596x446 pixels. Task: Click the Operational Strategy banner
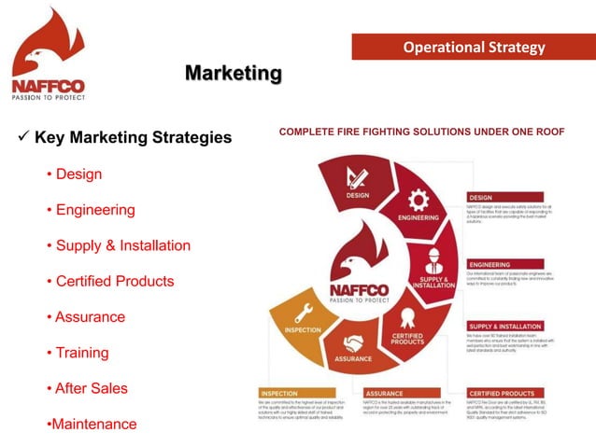(x=474, y=47)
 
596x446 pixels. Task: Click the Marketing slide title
(x=233, y=73)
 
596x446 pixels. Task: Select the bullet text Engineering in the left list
(x=95, y=210)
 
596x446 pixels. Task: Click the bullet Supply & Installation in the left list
(x=122, y=245)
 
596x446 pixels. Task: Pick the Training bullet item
(x=82, y=353)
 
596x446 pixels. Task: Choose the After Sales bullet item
(x=92, y=388)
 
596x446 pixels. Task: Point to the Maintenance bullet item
(x=93, y=424)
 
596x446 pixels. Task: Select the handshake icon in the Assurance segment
(x=353, y=342)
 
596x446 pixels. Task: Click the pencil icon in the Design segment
(x=357, y=176)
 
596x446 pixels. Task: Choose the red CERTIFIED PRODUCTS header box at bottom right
(x=512, y=393)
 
